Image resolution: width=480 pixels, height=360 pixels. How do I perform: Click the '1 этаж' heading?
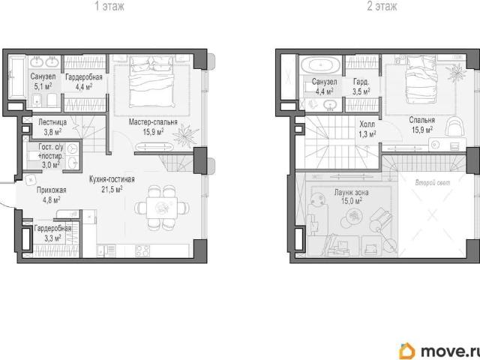tap(109, 6)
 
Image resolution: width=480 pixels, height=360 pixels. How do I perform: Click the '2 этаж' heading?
tap(382, 6)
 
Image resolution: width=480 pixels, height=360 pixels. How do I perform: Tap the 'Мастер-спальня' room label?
tap(153, 122)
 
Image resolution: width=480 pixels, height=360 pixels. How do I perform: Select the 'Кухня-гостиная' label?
tap(112, 179)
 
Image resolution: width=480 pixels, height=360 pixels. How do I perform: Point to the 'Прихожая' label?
tap(52, 190)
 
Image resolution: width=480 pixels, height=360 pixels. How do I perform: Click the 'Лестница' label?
tap(52, 122)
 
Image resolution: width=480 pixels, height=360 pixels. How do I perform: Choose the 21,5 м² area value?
tap(112, 189)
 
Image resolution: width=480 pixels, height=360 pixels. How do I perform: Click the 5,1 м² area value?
tap(43, 87)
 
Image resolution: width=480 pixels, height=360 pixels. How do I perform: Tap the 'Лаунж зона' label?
tap(352, 192)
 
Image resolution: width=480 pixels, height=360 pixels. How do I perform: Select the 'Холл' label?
tap(367, 124)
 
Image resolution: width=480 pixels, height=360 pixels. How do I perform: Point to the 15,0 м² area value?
tap(352, 201)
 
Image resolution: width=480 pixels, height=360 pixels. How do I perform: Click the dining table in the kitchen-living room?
tap(162, 208)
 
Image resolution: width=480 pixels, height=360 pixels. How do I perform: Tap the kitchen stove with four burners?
tap(142, 250)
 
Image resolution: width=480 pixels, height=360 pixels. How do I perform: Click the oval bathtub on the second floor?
tap(320, 65)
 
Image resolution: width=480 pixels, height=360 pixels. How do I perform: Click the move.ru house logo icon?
tap(407, 351)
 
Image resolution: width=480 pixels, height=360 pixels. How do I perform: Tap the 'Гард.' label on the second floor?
tap(361, 82)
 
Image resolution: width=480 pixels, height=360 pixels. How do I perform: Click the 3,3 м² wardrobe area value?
tap(52, 238)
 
